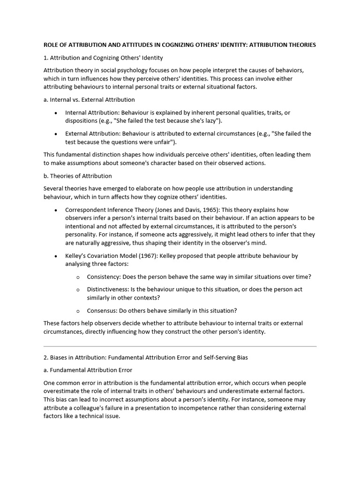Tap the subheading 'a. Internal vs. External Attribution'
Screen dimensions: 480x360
(x=89, y=99)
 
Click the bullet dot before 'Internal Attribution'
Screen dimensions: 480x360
(x=56, y=113)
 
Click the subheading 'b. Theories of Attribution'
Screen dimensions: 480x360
(x=78, y=176)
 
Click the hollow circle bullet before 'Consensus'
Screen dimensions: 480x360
(x=78, y=311)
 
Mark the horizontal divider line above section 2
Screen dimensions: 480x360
(x=180, y=346)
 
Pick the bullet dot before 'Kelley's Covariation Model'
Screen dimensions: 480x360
(x=56, y=256)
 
